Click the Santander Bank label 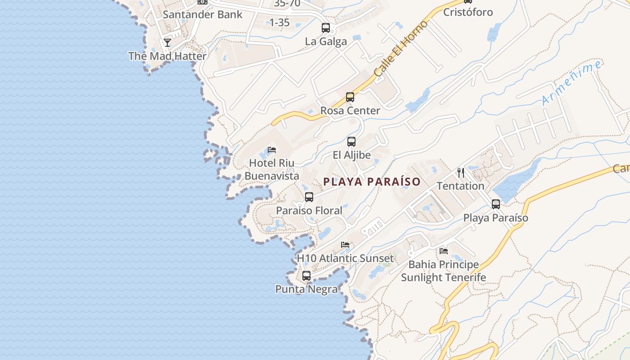click(202, 14)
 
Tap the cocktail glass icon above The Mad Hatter click(167, 43)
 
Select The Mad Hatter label click(167, 56)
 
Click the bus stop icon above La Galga click(326, 28)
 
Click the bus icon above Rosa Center click(350, 97)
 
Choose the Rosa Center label click(350, 111)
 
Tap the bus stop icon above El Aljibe click(351, 142)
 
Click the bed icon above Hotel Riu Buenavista click(272, 149)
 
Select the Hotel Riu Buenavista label click(272, 169)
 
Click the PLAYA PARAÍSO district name click(372, 182)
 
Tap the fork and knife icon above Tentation click(461, 172)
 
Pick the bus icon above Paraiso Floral click(309, 197)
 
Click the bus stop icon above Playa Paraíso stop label click(496, 204)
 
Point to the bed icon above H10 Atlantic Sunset click(345, 245)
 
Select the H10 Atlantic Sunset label click(345, 258)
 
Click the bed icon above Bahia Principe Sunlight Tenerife click(444, 251)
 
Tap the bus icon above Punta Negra click(306, 276)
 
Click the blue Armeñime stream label click(571, 83)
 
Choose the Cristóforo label click(468, 12)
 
